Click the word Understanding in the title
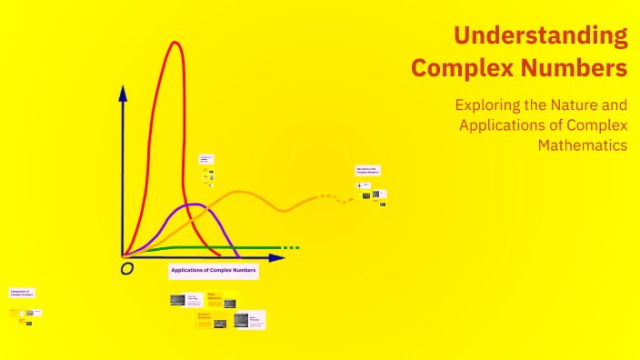(x=540, y=35)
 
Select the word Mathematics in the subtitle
(x=582, y=145)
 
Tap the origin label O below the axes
(x=127, y=269)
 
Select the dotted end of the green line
(x=290, y=248)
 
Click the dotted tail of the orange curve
(x=336, y=197)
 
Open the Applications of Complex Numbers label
(x=214, y=271)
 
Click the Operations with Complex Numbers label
(x=368, y=170)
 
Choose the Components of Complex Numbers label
(x=23, y=293)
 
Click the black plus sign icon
(x=359, y=185)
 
